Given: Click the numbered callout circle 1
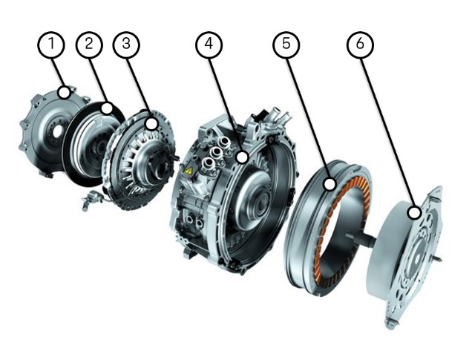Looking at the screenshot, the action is point(51,45).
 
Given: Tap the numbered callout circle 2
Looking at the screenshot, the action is point(89,45).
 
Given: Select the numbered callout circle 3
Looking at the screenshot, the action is point(126,45).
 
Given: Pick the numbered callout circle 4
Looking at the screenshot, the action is point(209,45).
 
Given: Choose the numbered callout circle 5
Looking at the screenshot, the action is point(286,45).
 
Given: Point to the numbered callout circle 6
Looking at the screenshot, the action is point(360,45).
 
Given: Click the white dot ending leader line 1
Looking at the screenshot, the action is point(64,92).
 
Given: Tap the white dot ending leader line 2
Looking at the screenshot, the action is point(107,108).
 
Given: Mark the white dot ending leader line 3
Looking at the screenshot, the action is point(151,124).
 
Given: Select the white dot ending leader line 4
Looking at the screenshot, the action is point(243,157).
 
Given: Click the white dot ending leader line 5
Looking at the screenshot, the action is point(330,184).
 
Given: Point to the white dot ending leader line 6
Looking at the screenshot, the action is point(414,213).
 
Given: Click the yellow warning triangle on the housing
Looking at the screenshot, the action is point(189,171).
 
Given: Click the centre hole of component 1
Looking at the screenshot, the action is point(57,131).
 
